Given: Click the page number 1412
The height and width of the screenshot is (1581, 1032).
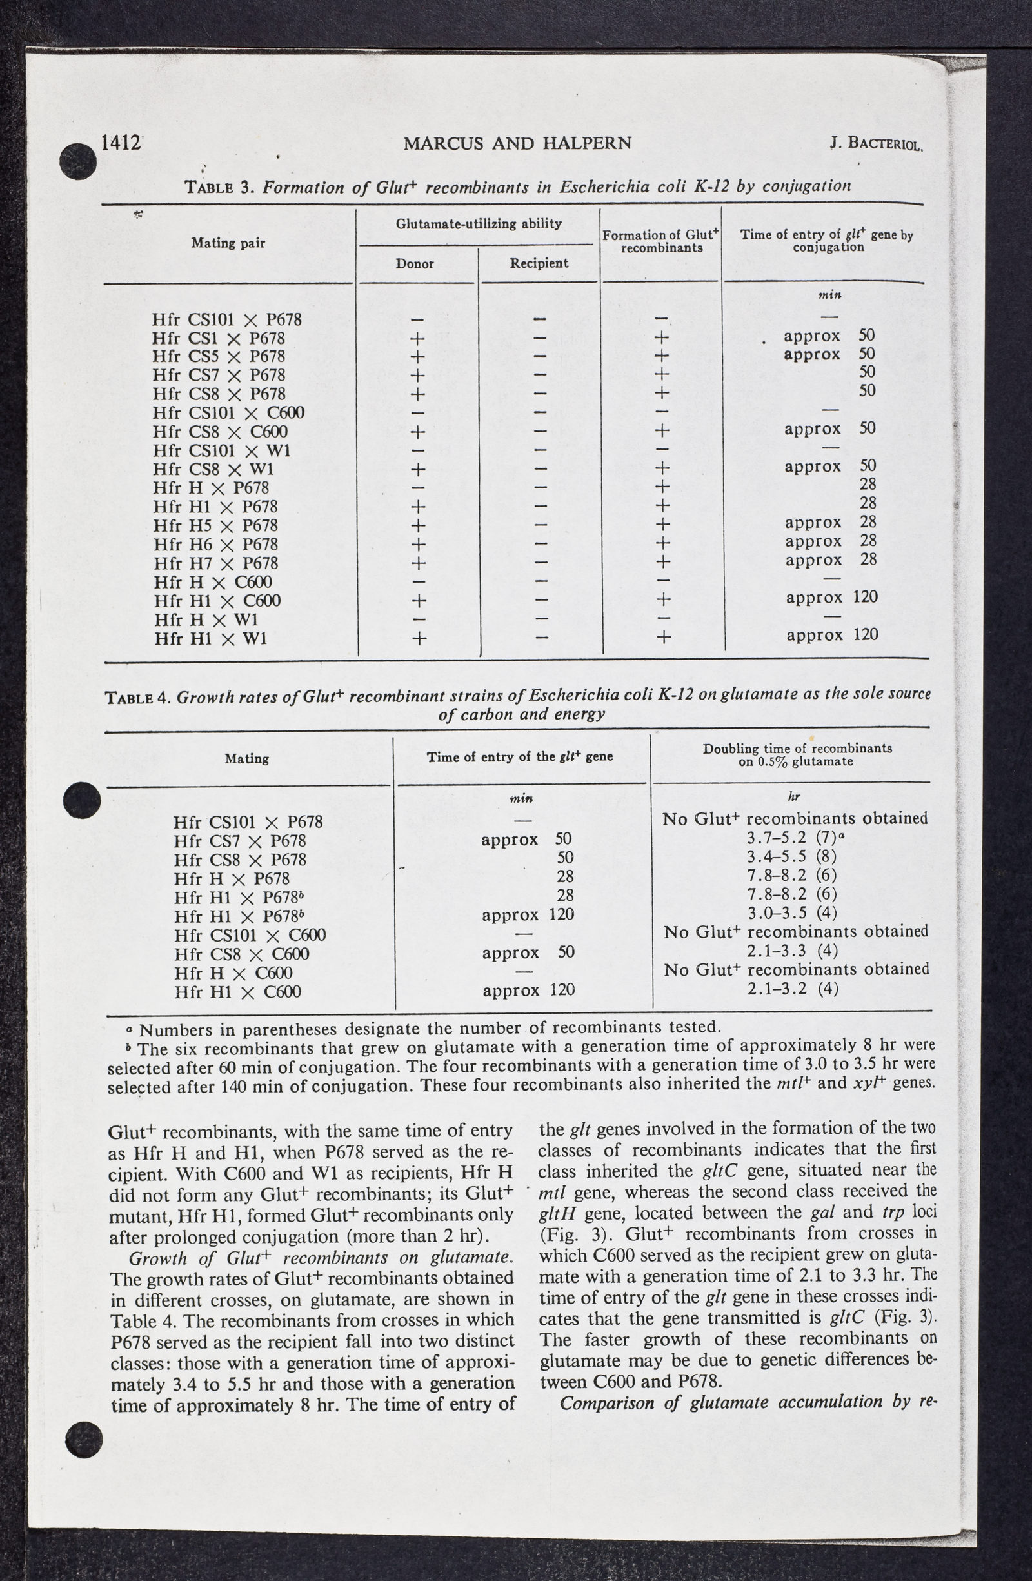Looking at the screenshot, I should click(x=119, y=143).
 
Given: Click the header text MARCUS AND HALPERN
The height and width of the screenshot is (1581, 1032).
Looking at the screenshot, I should click(x=517, y=143).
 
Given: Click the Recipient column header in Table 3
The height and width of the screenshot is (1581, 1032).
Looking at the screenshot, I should click(x=539, y=263).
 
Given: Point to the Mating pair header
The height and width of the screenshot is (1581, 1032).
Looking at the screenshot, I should click(x=228, y=243).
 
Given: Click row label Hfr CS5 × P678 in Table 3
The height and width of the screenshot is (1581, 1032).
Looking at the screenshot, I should click(x=219, y=357).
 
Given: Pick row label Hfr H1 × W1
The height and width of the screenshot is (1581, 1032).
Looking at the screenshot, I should click(x=210, y=639).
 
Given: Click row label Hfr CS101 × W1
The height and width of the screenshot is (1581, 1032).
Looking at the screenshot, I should click(x=221, y=451).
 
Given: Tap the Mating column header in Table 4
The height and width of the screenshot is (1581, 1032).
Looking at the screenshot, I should click(x=246, y=758).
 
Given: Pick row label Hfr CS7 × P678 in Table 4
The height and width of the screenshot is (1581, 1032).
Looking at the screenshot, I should click(x=239, y=841).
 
